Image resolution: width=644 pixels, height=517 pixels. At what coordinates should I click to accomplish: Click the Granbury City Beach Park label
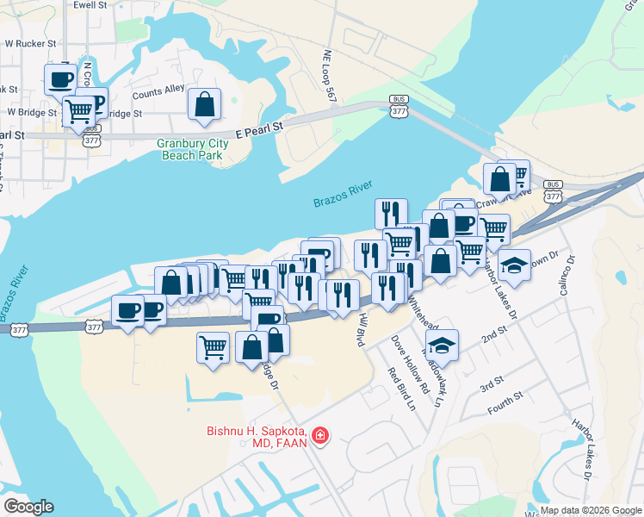pyautogui.click(x=191, y=150)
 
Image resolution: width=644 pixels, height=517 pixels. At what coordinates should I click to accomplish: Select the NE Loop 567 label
pyautogui.click(x=330, y=75)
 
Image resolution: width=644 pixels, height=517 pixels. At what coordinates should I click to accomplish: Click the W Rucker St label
pyautogui.click(x=31, y=42)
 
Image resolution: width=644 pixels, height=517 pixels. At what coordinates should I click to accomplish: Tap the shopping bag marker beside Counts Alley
pyautogui.click(x=205, y=104)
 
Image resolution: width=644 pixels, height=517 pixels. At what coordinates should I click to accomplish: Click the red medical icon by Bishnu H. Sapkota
pyautogui.click(x=320, y=437)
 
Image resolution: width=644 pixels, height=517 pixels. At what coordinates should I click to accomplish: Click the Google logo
pyautogui.click(x=28, y=507)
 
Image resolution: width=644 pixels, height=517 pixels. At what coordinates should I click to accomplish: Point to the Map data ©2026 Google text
pyautogui.click(x=590, y=510)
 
